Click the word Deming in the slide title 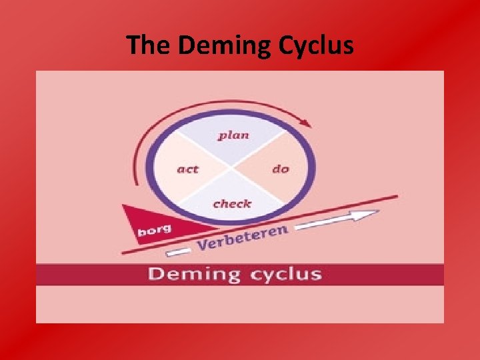pos(216,45)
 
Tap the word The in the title pos(149,45)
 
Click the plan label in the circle pos(233,135)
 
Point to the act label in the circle pos(187,169)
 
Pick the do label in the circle pos(281,169)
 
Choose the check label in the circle pos(232,203)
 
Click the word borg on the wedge pos(154,231)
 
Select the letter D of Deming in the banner pos(156,273)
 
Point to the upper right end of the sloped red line pos(397,197)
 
